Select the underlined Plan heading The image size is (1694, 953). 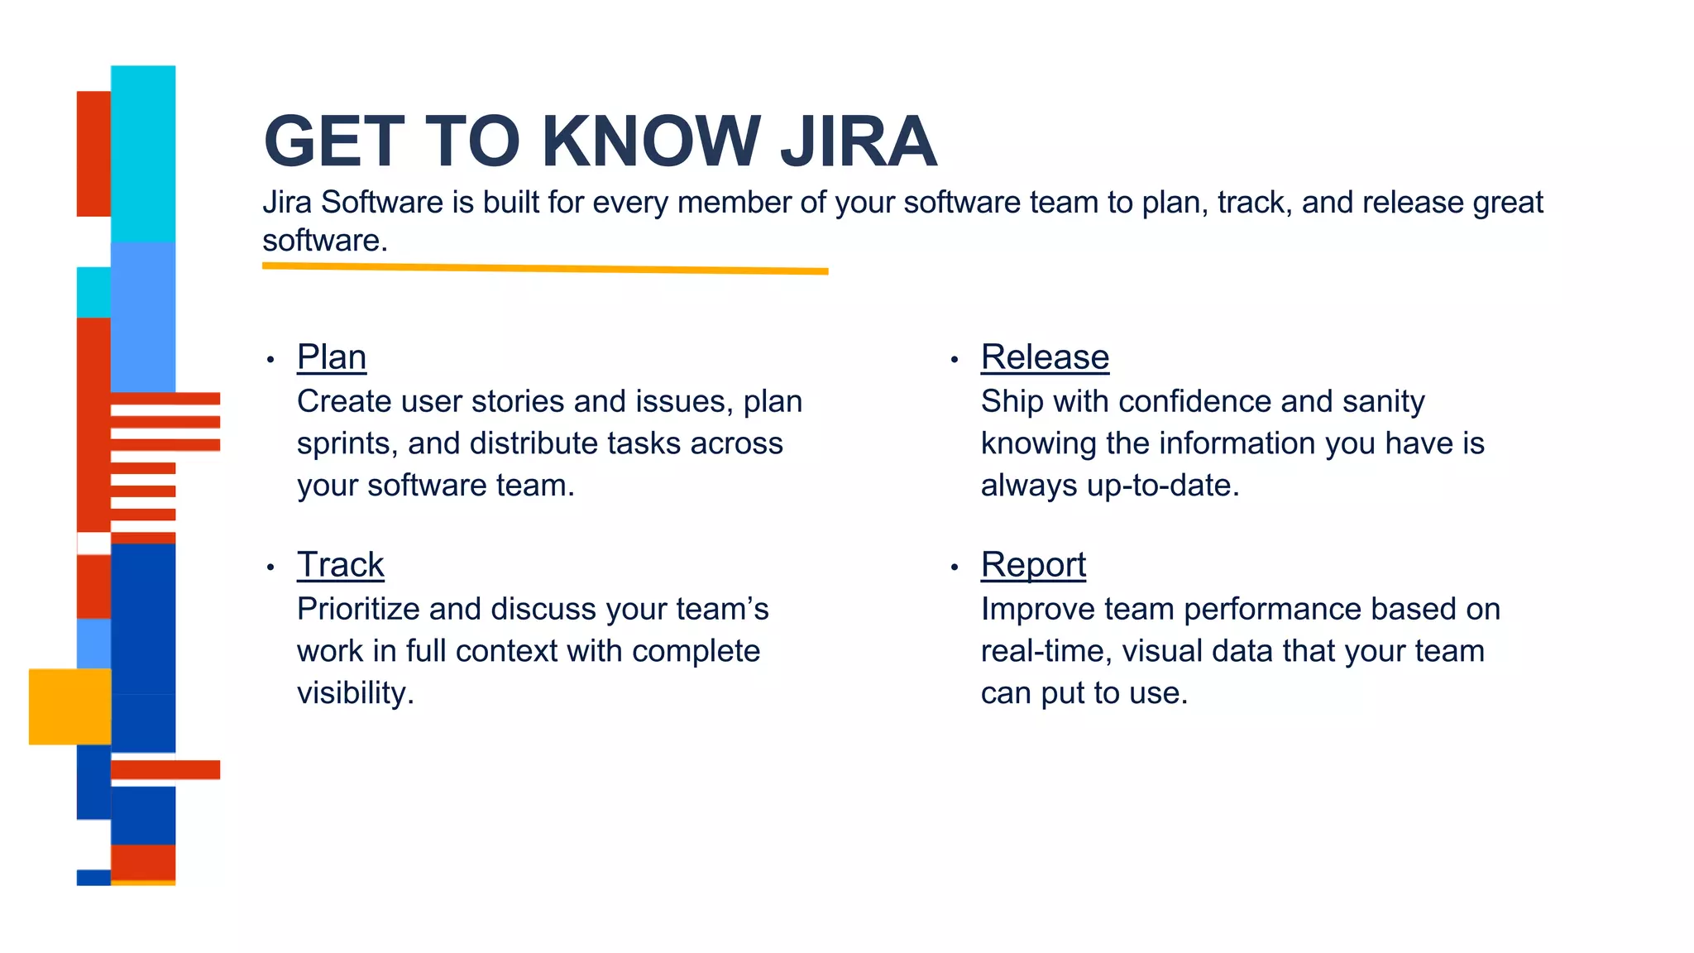(332, 357)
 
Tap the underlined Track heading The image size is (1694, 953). (341, 565)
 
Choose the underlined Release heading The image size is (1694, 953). (1045, 357)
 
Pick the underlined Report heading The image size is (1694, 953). (1033, 565)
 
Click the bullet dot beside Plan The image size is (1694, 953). (270, 360)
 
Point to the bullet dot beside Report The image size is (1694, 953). (955, 567)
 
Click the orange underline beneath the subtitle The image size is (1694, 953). (545, 268)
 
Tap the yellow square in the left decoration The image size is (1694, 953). (69, 706)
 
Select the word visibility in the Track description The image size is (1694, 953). (355, 693)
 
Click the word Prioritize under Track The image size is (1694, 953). (358, 610)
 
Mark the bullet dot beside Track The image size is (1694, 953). (270, 567)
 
